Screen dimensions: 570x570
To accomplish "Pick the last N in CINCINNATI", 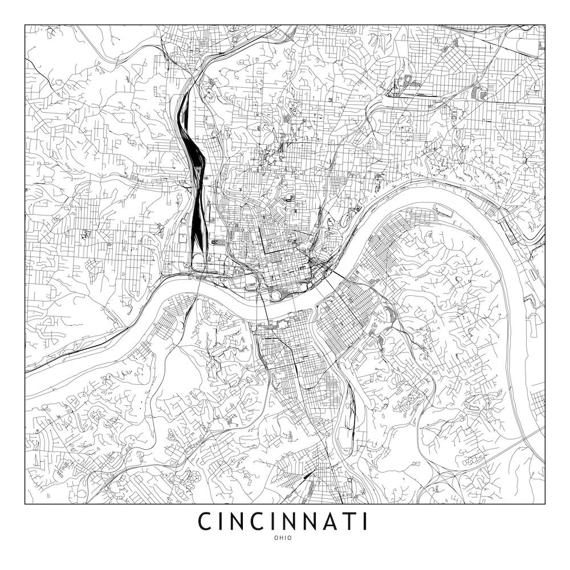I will click(x=322, y=522).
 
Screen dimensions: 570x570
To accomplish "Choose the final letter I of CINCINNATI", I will click(x=365, y=522).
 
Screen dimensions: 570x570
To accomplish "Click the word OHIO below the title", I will click(x=285, y=538).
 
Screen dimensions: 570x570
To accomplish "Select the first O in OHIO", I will click(x=276, y=538).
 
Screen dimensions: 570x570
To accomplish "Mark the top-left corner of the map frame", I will click(x=25, y=25).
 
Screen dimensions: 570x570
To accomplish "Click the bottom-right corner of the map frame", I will click(x=545, y=504).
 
